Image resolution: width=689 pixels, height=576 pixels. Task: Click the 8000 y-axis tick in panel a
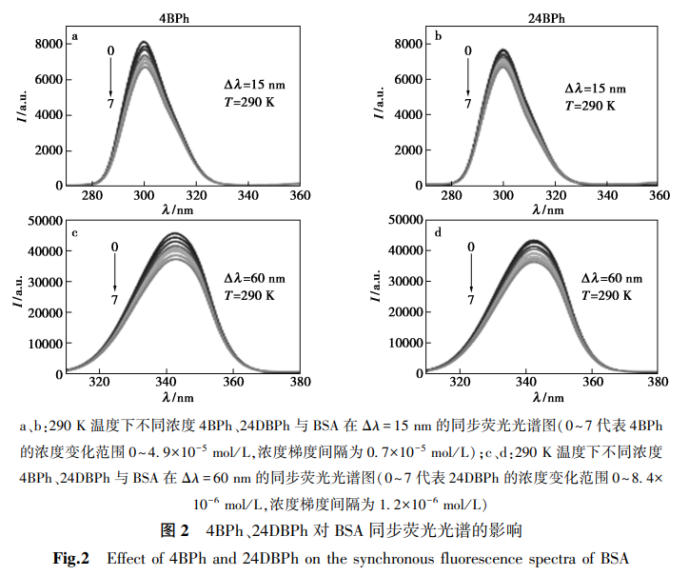click(48, 44)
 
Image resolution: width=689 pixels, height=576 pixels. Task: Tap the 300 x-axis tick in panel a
click(144, 195)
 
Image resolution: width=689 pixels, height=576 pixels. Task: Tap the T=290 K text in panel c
click(248, 295)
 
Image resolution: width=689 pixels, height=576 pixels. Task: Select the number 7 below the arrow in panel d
click(470, 300)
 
